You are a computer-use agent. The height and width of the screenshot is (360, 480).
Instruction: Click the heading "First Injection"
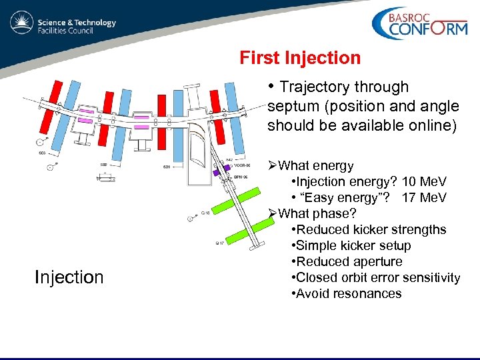coord(300,58)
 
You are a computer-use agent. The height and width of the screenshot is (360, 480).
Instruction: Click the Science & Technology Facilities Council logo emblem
coord(21,23)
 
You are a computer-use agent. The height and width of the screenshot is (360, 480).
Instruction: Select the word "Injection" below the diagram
coord(69,277)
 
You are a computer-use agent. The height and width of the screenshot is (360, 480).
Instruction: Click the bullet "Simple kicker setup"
coord(351,245)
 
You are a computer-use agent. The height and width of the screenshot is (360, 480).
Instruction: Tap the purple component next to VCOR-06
coord(217,169)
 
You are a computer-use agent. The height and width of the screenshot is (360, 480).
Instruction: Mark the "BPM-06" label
coord(241,177)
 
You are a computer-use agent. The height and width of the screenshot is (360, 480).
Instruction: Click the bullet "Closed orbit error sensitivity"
coord(376,278)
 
